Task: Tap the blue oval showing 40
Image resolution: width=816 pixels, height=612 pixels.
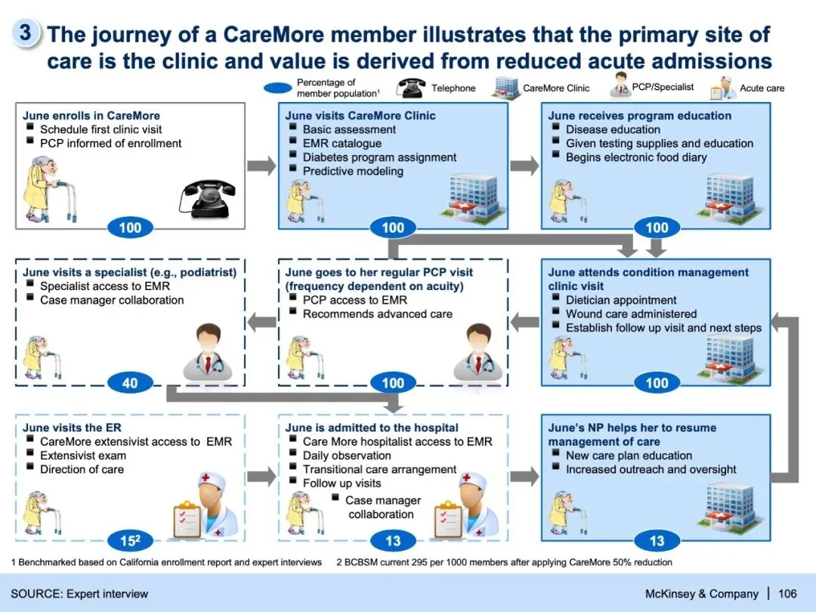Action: click(130, 383)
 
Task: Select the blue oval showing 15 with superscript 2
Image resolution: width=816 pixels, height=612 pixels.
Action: click(130, 540)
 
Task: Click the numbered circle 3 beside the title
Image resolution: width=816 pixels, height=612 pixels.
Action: click(25, 32)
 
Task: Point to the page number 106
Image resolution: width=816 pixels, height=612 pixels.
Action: click(787, 593)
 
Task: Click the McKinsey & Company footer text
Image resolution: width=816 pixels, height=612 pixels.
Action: click(701, 593)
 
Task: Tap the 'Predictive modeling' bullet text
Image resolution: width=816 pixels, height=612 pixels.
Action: click(353, 172)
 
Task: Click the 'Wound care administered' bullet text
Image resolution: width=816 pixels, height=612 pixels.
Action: click(631, 314)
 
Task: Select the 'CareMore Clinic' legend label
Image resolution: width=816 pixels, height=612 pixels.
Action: click(556, 88)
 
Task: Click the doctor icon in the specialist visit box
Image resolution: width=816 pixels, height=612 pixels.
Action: click(206, 351)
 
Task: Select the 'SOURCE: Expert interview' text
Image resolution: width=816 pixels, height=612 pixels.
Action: click(79, 593)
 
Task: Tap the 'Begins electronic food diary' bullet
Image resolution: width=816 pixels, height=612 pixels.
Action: click(636, 157)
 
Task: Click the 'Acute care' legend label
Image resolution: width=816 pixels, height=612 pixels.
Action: click(762, 88)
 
